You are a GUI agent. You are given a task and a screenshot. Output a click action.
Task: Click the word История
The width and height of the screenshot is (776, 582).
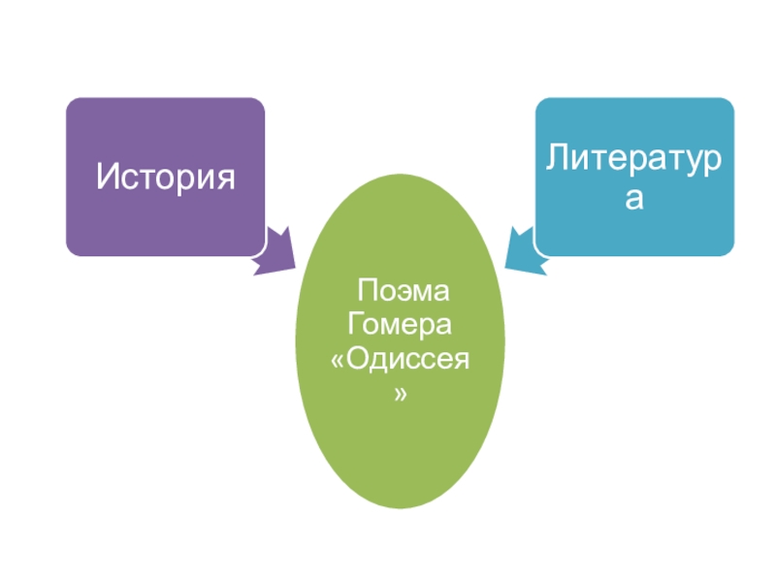click(x=165, y=178)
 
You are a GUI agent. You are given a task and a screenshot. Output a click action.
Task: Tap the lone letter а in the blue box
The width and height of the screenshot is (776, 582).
click(x=634, y=199)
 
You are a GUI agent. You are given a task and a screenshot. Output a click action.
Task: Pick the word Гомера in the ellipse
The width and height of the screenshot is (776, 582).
click(x=401, y=325)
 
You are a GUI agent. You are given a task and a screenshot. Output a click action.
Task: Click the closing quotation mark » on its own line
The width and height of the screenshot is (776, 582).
click(x=401, y=396)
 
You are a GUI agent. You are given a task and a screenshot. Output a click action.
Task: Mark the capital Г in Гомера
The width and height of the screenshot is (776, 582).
click(x=356, y=324)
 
